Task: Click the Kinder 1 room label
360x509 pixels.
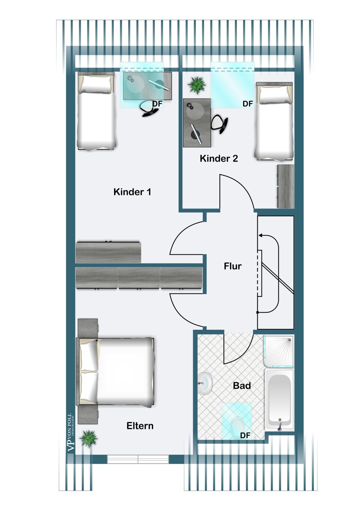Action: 132,192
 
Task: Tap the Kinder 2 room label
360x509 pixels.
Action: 219,158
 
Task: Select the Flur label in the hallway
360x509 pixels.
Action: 232,266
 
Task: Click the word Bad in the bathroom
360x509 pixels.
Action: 242,385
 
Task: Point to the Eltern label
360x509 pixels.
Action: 140,426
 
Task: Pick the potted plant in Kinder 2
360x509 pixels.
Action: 197,85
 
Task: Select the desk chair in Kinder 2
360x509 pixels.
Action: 219,124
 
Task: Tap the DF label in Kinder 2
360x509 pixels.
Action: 247,104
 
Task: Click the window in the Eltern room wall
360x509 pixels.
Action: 138,459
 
